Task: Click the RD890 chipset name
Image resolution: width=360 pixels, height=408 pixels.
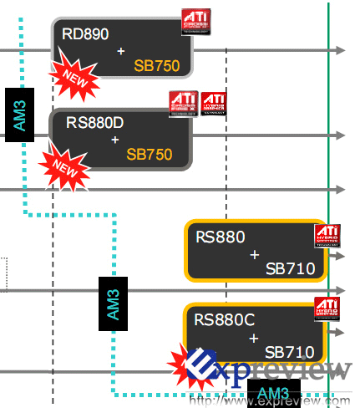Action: (x=85, y=33)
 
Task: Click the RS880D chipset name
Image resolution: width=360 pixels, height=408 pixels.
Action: (x=95, y=123)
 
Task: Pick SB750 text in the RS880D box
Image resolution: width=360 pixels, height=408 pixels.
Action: (x=149, y=155)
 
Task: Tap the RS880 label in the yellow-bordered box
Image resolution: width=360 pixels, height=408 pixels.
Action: (x=221, y=237)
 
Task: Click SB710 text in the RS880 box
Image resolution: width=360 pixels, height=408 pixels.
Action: (x=289, y=268)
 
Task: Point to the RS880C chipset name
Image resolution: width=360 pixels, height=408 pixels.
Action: (x=224, y=319)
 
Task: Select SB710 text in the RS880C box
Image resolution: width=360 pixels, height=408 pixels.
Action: (x=289, y=352)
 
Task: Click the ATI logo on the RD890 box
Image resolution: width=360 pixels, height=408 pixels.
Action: (x=195, y=21)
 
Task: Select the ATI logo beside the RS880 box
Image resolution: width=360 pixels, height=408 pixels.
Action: (x=327, y=237)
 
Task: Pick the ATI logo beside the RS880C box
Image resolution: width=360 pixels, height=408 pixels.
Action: (x=327, y=309)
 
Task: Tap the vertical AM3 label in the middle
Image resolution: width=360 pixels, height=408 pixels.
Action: (x=112, y=303)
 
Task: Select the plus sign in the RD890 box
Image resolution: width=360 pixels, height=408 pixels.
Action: (x=121, y=51)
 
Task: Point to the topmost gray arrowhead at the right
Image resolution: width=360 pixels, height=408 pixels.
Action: (x=339, y=50)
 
